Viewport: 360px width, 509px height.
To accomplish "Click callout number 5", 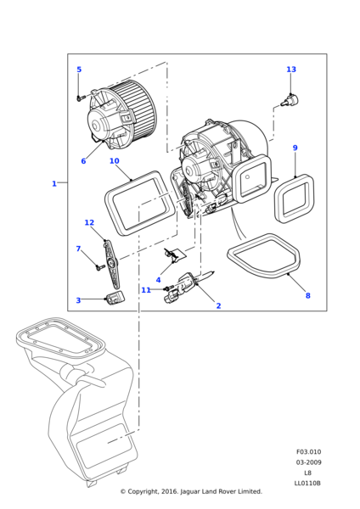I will pos(80,70).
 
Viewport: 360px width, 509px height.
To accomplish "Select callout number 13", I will pos(291,70).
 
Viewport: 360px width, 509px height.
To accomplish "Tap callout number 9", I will pos(295,148).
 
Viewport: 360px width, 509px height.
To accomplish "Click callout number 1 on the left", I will pos(54,183).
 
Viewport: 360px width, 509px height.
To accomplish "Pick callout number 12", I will pos(89,222).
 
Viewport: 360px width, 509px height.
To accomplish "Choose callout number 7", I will pos(78,249).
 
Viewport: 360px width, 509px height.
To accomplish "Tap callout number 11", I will pos(146,290).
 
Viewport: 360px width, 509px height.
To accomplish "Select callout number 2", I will pos(218,305).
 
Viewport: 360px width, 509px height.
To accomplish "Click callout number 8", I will pos(307,295).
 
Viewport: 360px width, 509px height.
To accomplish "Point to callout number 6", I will pos(83,161).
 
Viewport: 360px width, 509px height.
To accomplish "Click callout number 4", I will pos(158,280).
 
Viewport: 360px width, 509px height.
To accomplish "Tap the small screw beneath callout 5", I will pos(80,98).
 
